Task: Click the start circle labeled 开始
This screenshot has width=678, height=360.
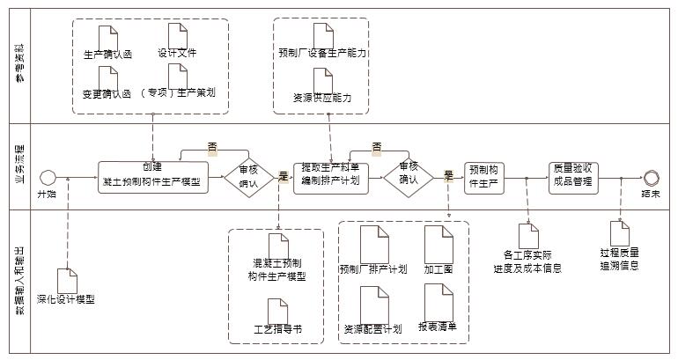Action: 48,177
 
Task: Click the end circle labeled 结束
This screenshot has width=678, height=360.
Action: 651,177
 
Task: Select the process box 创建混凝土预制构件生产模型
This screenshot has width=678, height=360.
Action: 153,177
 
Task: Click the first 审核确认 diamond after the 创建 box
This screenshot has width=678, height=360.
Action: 248,177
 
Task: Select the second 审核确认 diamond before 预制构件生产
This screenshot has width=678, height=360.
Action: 408,177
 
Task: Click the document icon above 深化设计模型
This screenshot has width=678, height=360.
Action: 67,280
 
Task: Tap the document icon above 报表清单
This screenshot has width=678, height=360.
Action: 438,303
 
